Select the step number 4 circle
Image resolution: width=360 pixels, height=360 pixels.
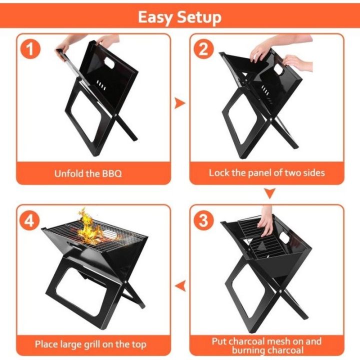(x=30, y=219)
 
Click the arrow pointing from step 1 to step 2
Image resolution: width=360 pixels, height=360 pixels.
(x=179, y=103)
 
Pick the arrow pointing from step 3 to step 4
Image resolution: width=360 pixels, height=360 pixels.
(x=180, y=285)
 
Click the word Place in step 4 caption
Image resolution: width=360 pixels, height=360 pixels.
(x=47, y=344)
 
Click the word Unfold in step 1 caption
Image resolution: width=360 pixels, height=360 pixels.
(x=68, y=174)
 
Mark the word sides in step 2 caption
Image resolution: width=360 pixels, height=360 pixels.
(x=314, y=173)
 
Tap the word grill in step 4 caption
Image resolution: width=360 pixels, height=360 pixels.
(x=93, y=344)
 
